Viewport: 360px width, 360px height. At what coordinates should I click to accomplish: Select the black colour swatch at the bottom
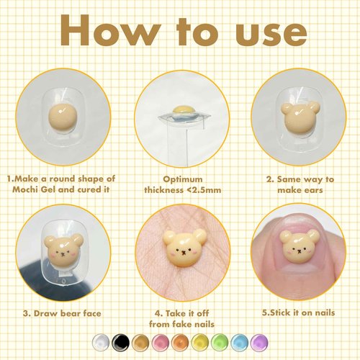click(121, 343)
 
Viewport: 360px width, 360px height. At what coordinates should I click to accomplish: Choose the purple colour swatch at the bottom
click(256, 343)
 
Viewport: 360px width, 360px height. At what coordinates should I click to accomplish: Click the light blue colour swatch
click(237, 343)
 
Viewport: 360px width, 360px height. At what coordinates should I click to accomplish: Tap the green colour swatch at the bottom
click(217, 343)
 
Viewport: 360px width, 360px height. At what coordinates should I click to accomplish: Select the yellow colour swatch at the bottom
click(197, 343)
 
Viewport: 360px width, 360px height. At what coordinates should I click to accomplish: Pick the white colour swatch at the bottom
click(102, 343)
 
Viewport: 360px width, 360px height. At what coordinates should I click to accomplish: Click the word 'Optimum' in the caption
click(180, 176)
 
